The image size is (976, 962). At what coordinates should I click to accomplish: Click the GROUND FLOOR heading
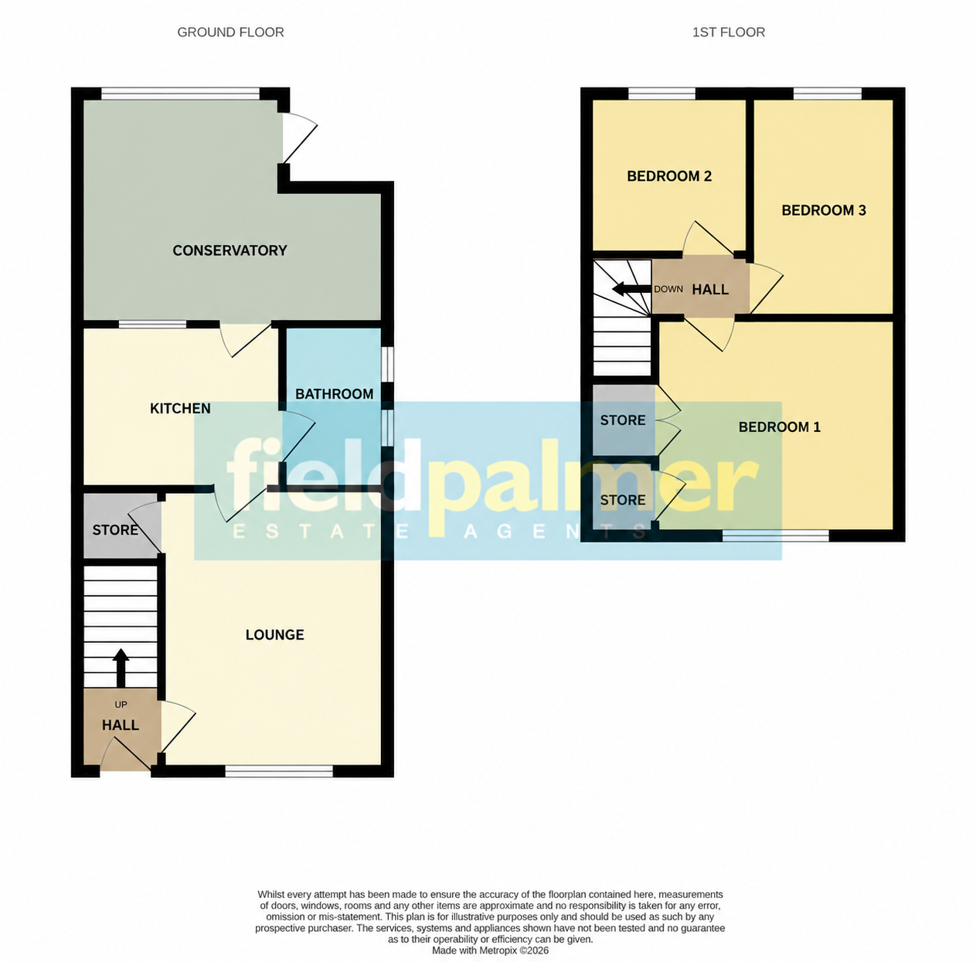(x=230, y=32)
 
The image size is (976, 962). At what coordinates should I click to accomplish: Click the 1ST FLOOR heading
(x=728, y=32)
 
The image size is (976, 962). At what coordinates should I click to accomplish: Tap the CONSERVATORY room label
(x=230, y=250)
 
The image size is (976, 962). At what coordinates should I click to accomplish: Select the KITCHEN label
(x=180, y=408)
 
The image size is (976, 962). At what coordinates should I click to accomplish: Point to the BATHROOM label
(x=335, y=393)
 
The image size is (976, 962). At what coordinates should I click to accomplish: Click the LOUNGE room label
(x=275, y=634)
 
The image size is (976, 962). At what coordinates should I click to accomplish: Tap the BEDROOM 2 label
(x=669, y=176)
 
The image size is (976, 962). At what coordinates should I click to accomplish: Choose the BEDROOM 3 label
(x=824, y=210)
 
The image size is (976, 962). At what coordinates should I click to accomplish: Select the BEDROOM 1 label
(x=779, y=427)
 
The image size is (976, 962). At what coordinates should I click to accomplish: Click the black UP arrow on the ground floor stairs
(x=121, y=668)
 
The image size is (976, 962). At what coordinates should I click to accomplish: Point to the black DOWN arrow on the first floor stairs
(x=631, y=289)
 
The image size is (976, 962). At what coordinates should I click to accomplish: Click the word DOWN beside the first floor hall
(x=668, y=289)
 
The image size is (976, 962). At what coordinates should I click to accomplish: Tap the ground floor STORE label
(x=115, y=530)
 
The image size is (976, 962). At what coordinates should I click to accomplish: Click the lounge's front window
(x=279, y=771)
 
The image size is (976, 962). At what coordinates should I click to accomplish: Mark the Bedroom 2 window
(x=661, y=93)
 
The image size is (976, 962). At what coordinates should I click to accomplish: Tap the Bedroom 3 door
(x=767, y=288)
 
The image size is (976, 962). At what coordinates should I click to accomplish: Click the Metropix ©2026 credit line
(x=490, y=950)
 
